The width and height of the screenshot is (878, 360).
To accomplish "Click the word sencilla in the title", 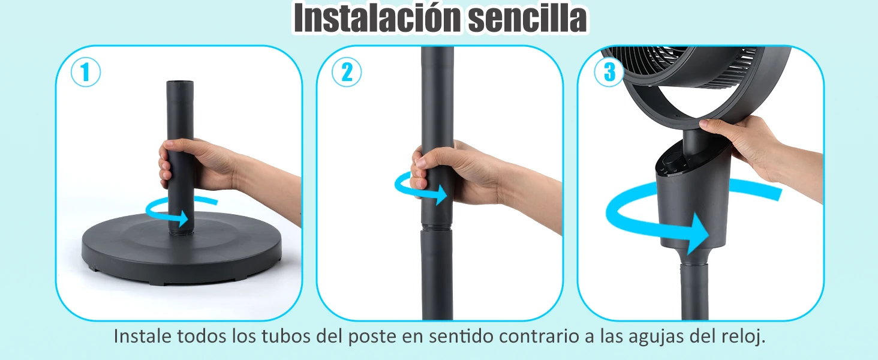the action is click(x=528, y=17).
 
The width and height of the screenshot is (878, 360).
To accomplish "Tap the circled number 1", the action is click(x=85, y=72).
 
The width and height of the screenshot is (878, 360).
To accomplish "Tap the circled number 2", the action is click(x=347, y=72).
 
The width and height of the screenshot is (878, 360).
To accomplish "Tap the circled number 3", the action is click(x=609, y=72).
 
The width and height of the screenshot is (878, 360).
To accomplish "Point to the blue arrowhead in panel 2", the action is click(x=441, y=194).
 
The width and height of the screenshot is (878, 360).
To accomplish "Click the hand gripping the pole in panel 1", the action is click(x=196, y=165).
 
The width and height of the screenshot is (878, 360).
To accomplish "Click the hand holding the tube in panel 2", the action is click(x=455, y=173).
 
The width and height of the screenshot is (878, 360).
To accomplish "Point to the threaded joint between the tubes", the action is click(x=437, y=227).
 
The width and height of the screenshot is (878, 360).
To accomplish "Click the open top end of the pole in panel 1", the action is click(x=180, y=83).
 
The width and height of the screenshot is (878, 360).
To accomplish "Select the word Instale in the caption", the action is click(x=142, y=336).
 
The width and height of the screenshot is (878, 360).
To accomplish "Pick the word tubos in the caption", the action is click(x=285, y=336).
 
